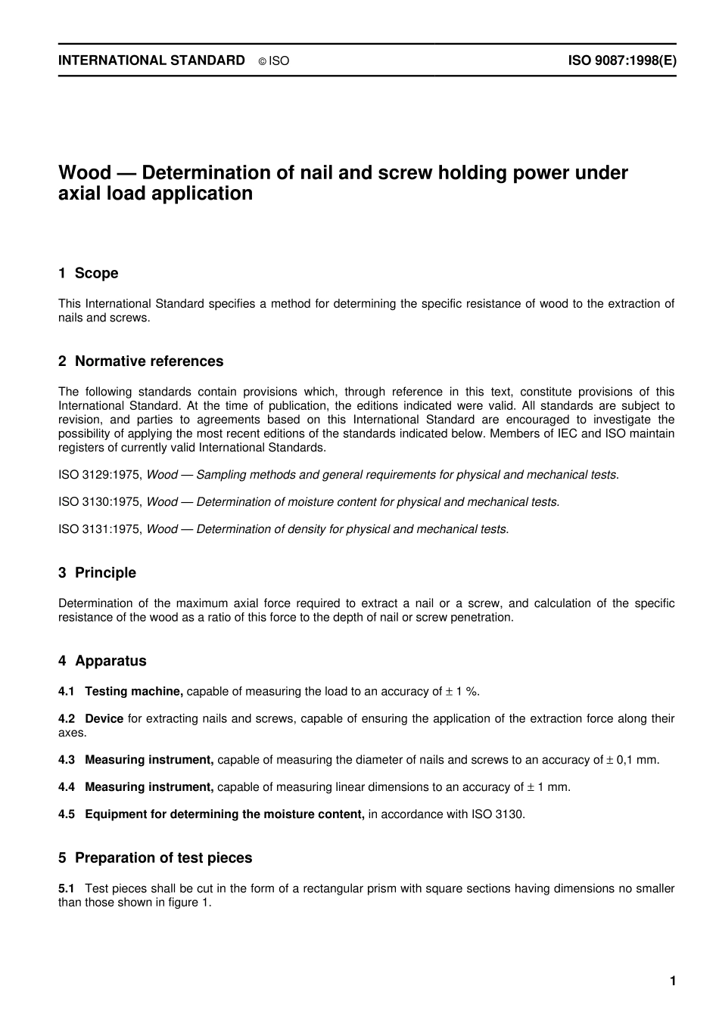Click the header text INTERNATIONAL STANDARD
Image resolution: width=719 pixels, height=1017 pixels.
[x=151, y=60]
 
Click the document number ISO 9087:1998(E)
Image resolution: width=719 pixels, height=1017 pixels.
[x=621, y=60]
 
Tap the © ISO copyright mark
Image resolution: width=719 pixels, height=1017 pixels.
[x=274, y=61]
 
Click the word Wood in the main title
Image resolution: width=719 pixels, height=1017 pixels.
[x=84, y=173]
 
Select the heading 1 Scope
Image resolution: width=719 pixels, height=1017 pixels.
[x=89, y=273]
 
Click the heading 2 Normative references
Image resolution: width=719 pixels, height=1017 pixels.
[x=141, y=361]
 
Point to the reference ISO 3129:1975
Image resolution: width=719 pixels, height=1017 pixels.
[x=99, y=475]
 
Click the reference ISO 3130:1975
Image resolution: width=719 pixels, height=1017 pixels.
[x=99, y=502]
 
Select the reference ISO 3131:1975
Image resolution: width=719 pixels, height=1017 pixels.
[x=99, y=529]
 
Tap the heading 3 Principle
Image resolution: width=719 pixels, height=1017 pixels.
[x=98, y=573]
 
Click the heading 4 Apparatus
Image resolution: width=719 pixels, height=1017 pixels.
[x=102, y=661]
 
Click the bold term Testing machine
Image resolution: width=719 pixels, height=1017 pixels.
[x=133, y=691]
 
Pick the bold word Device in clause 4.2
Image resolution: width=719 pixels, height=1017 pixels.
[x=104, y=718]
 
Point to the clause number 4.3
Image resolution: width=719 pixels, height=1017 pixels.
[x=67, y=760]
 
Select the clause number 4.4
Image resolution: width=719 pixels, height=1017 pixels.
[x=67, y=787]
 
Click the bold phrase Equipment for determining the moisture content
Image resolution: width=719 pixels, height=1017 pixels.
[x=224, y=814]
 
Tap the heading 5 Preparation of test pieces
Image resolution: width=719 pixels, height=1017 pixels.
[x=155, y=858]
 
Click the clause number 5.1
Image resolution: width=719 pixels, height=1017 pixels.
[x=67, y=888]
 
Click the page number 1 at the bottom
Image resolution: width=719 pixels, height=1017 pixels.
[x=672, y=981]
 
